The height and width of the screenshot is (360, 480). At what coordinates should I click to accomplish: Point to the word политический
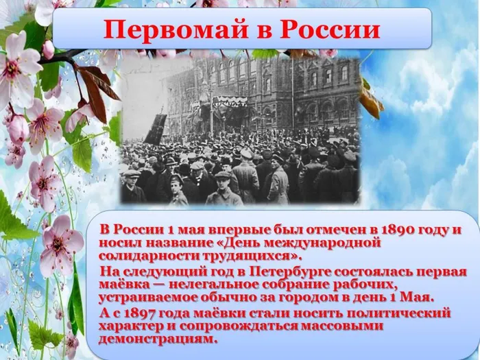point(397,313)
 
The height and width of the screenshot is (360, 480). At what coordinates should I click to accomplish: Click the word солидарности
point(146,254)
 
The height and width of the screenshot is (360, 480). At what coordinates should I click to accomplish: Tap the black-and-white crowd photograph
point(240,130)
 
